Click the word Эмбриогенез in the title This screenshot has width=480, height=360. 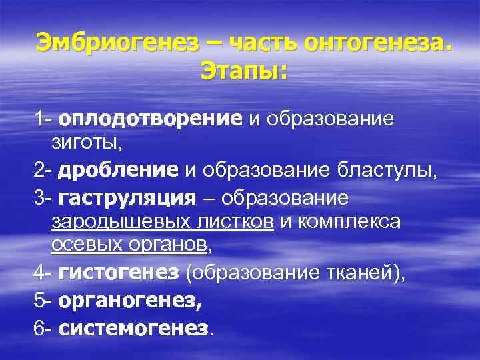point(117,43)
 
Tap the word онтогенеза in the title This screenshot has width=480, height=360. point(375,43)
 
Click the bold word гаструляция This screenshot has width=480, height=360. point(127,198)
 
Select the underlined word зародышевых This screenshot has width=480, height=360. point(111,221)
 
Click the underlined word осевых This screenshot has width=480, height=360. point(83,245)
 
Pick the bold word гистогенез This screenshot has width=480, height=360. point(119,272)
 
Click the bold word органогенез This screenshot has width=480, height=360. point(130,300)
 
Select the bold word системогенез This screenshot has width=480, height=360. point(133,328)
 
